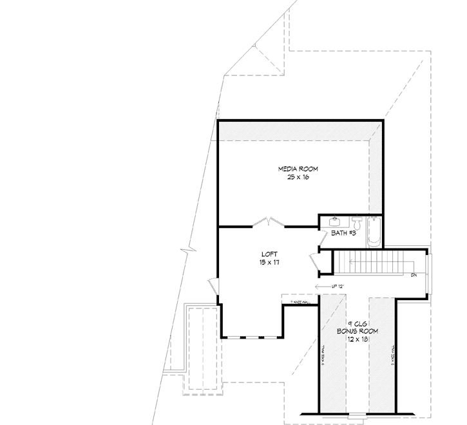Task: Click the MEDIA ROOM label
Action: [x=298, y=169]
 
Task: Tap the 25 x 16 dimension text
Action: [x=298, y=177]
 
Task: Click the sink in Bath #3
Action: [x=334, y=221]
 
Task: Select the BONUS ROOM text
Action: [x=357, y=331]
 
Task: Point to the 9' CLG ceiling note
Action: [x=357, y=323]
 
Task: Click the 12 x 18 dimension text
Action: [x=357, y=339]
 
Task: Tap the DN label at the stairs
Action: [x=414, y=276]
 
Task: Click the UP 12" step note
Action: [x=339, y=286]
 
